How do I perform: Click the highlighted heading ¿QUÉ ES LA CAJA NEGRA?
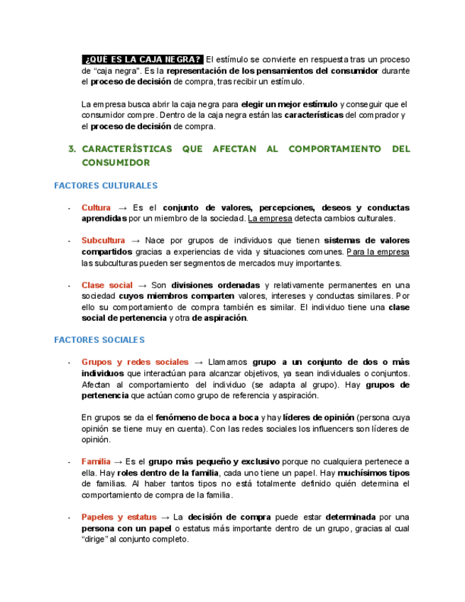pos(143,59)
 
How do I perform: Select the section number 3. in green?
pos(71,149)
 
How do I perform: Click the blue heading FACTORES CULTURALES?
pos(106,186)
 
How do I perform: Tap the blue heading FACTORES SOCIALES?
pos(99,340)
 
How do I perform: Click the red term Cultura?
pos(96,208)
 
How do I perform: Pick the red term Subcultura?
pos(103,241)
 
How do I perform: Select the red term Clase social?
pos(106,285)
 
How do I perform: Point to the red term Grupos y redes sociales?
pos(135,362)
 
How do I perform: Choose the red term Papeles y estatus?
pos(119,518)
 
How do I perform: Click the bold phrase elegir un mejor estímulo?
pos(290,104)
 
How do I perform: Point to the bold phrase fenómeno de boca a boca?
pos(207,417)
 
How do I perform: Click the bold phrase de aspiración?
pos(219,318)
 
